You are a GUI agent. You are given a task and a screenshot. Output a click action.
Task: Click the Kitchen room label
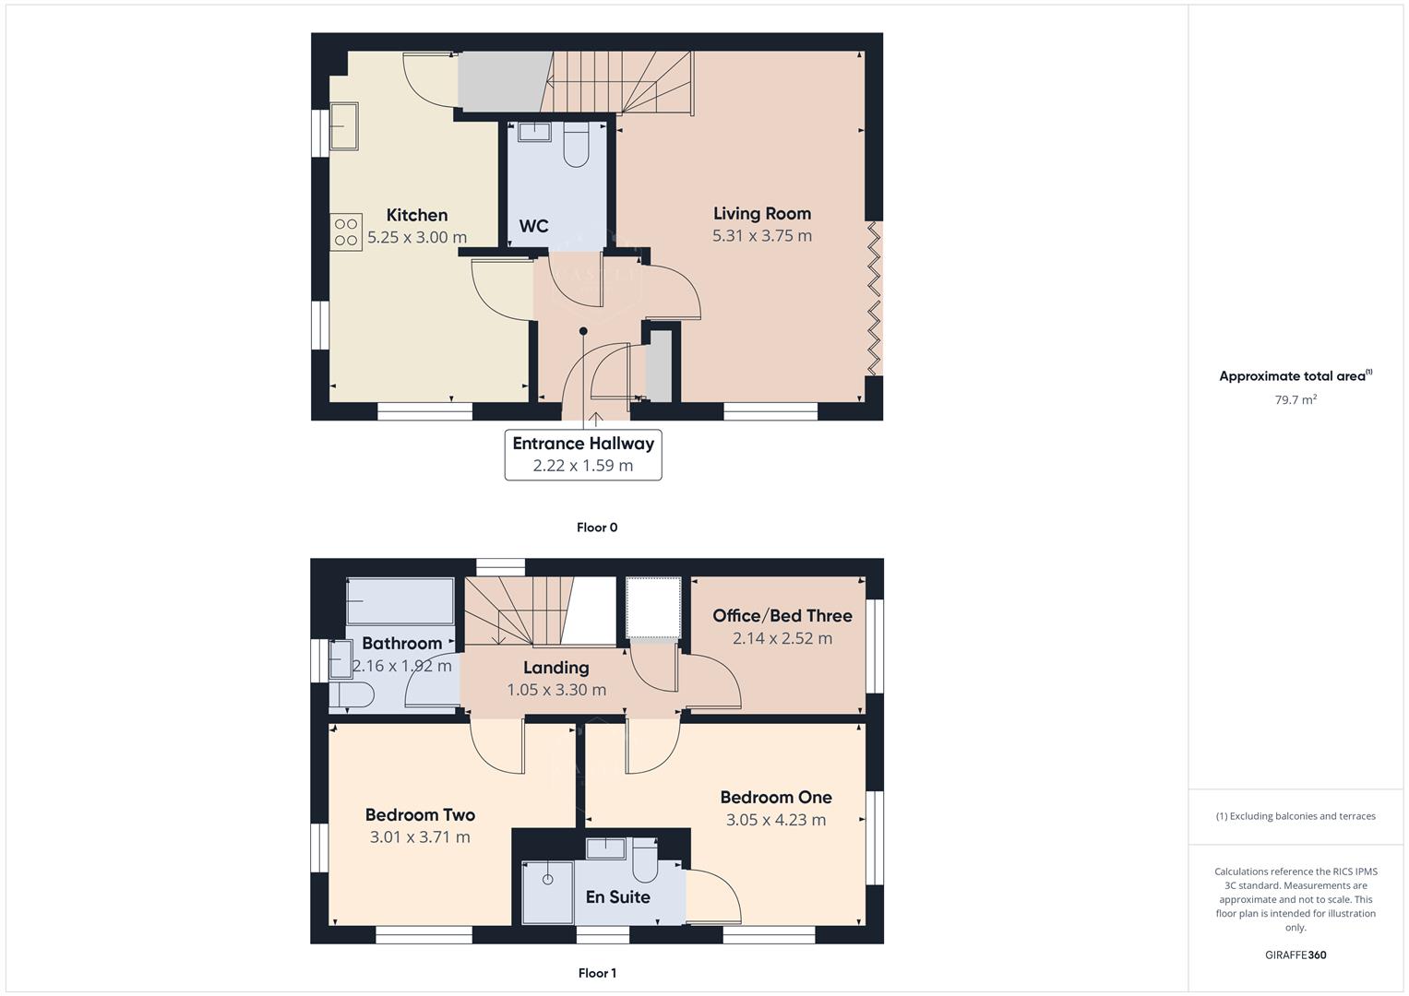416,215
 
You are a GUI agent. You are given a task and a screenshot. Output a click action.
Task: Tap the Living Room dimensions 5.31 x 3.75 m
761,236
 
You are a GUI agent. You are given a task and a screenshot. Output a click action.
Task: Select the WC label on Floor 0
533,226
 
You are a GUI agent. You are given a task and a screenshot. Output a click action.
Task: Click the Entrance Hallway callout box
582,455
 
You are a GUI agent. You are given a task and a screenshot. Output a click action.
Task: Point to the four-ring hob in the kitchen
346,232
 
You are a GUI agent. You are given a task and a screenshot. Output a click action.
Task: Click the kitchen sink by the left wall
343,126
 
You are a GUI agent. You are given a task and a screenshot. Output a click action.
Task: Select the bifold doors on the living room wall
874,298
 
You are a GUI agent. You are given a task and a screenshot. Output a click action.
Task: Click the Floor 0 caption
596,528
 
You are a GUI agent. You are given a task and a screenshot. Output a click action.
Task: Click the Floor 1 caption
596,973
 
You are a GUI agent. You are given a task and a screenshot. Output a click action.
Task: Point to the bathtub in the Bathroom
400,601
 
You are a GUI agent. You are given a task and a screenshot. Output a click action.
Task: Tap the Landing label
555,668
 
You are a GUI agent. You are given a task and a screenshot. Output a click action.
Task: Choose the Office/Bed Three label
782,616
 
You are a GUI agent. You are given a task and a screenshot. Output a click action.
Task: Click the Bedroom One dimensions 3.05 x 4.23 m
775,820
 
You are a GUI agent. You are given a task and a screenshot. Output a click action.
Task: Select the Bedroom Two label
420,814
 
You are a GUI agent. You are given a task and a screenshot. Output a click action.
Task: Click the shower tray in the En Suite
547,892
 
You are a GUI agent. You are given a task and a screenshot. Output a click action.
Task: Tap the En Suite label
617,897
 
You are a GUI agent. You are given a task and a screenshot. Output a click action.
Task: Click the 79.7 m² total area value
1295,400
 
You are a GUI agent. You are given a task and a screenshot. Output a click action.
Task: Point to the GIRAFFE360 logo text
1295,955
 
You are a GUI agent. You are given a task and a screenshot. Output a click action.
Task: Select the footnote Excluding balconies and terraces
1295,816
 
